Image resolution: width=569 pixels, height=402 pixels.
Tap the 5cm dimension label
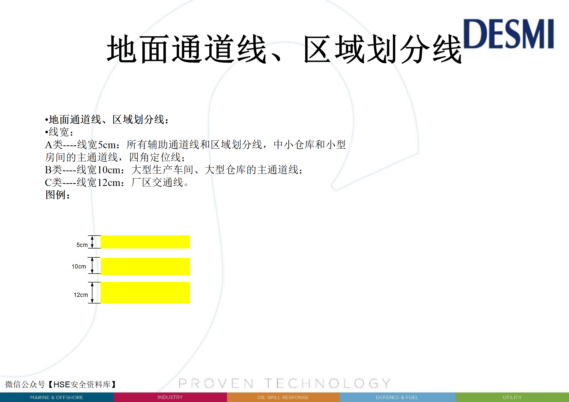82,245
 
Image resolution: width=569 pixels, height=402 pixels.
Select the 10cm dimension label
79,266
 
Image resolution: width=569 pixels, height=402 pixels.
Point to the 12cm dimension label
81,295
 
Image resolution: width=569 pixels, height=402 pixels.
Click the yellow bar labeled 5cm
145,242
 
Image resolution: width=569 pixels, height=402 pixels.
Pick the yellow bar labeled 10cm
145,266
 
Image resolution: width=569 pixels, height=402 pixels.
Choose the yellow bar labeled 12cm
145,293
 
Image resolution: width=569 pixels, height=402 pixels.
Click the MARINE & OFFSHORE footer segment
57,397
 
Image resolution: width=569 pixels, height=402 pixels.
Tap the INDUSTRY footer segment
170,397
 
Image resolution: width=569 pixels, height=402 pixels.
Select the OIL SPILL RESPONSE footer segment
283,397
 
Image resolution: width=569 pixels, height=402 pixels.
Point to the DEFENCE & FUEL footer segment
397,397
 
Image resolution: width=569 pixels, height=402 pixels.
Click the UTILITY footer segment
512,397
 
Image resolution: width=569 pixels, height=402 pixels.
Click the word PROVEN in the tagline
216,383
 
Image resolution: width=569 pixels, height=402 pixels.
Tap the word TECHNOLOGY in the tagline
328,383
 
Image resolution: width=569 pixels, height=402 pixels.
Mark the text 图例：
58,195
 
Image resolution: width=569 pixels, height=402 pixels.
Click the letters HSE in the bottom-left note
62,385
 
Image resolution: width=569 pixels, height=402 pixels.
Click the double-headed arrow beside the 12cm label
92,293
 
